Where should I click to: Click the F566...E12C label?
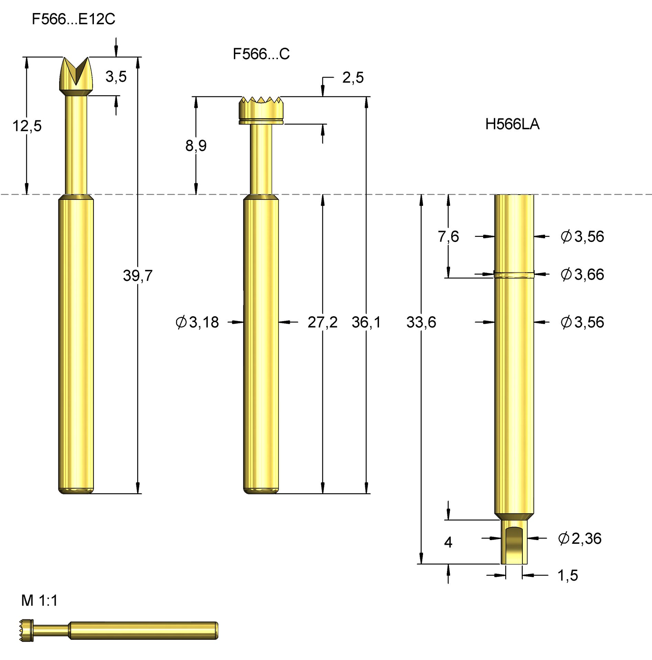click(73, 19)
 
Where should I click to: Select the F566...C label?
click(261, 54)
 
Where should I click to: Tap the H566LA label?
click(512, 124)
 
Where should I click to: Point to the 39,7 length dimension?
click(138, 275)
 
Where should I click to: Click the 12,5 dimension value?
click(27, 126)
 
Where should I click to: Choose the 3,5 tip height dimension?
click(116, 76)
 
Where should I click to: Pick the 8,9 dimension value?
click(196, 146)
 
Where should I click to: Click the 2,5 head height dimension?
click(353, 78)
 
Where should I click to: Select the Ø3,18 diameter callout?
click(197, 322)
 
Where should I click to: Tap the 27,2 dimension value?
click(322, 322)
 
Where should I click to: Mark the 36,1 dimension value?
click(366, 322)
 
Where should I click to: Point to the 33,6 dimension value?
click(421, 322)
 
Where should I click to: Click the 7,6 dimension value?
click(448, 236)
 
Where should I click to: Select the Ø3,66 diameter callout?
click(582, 274)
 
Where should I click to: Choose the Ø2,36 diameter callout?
click(579, 538)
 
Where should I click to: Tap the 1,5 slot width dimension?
click(567, 575)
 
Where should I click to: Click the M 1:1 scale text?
click(39, 601)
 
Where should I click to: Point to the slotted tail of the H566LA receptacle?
click(514, 543)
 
